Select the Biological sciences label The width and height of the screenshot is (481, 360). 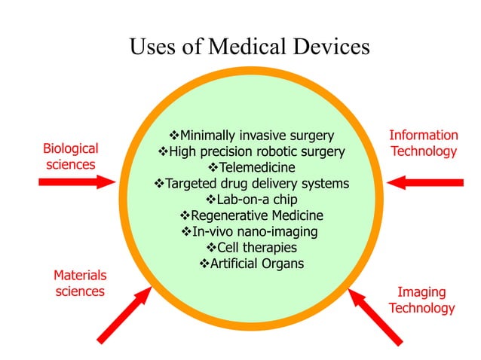[70, 156]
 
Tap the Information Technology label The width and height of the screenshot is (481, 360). [423, 143]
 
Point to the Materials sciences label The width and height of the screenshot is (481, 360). [80, 283]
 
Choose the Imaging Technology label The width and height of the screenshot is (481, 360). [421, 300]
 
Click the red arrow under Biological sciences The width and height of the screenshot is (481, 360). [75, 182]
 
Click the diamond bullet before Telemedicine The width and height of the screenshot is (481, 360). [212, 167]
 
